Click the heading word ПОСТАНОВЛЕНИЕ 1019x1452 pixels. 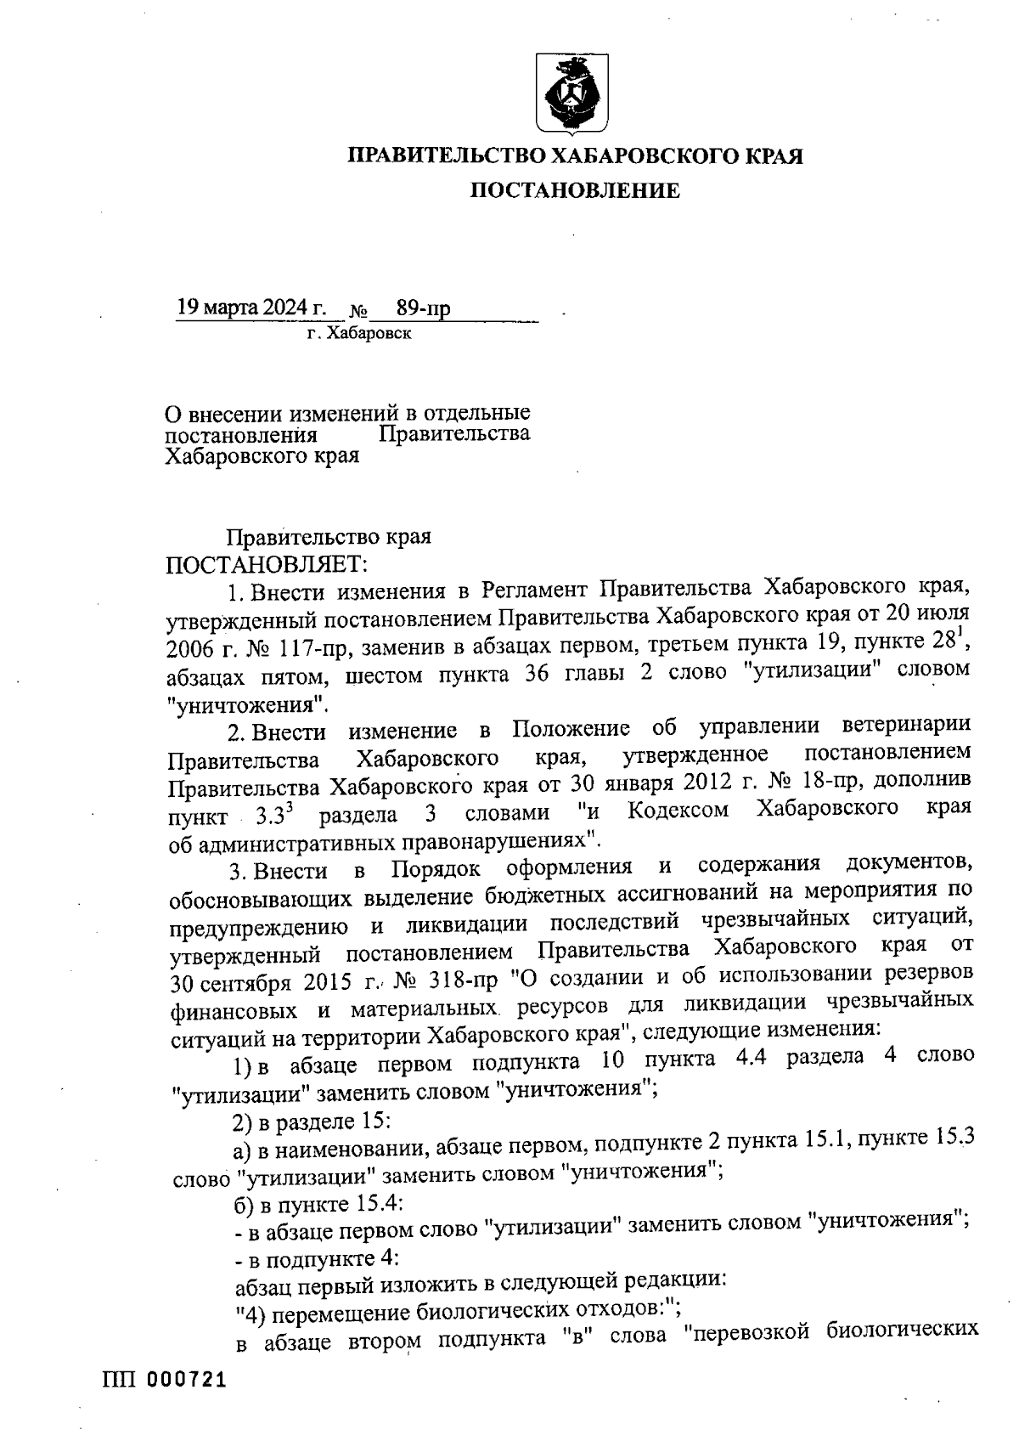pos(575,191)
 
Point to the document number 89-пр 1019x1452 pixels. pos(423,308)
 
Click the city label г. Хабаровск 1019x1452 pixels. pos(359,334)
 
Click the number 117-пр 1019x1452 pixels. pos(307,649)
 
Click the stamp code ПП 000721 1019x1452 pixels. pos(165,1381)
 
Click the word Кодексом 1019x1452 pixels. pos(678,810)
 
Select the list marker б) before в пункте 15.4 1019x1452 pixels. pos(244,1203)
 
